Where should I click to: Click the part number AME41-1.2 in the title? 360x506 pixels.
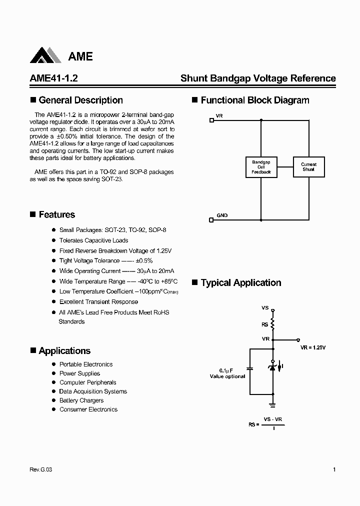pyautogui.click(x=50, y=78)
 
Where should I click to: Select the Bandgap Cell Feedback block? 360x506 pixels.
pyautogui.click(x=261, y=167)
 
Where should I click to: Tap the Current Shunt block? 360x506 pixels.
pyautogui.click(x=308, y=167)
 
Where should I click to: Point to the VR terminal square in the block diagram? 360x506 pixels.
pyautogui.click(x=211, y=120)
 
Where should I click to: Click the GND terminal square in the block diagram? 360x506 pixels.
pyautogui.click(x=211, y=219)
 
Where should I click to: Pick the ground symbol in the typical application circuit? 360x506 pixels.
pyautogui.click(x=272, y=403)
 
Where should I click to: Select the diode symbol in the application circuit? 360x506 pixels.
pyautogui.click(x=272, y=367)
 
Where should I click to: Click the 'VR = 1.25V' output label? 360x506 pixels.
pyautogui.click(x=313, y=347)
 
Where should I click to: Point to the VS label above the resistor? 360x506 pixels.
pyautogui.click(x=265, y=308)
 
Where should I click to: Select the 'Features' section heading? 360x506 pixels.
pyautogui.click(x=56, y=214)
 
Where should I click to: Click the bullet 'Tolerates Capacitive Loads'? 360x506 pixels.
pyautogui.click(x=93, y=240)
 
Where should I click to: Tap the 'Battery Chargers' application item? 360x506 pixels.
pyautogui.click(x=81, y=400)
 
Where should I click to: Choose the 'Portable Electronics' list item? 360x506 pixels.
pyautogui.click(x=86, y=364)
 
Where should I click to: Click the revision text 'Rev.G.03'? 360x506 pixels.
pyautogui.click(x=40, y=469)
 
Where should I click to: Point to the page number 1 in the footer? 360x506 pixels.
pyautogui.click(x=334, y=469)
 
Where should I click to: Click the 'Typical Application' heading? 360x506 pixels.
pyautogui.click(x=240, y=283)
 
